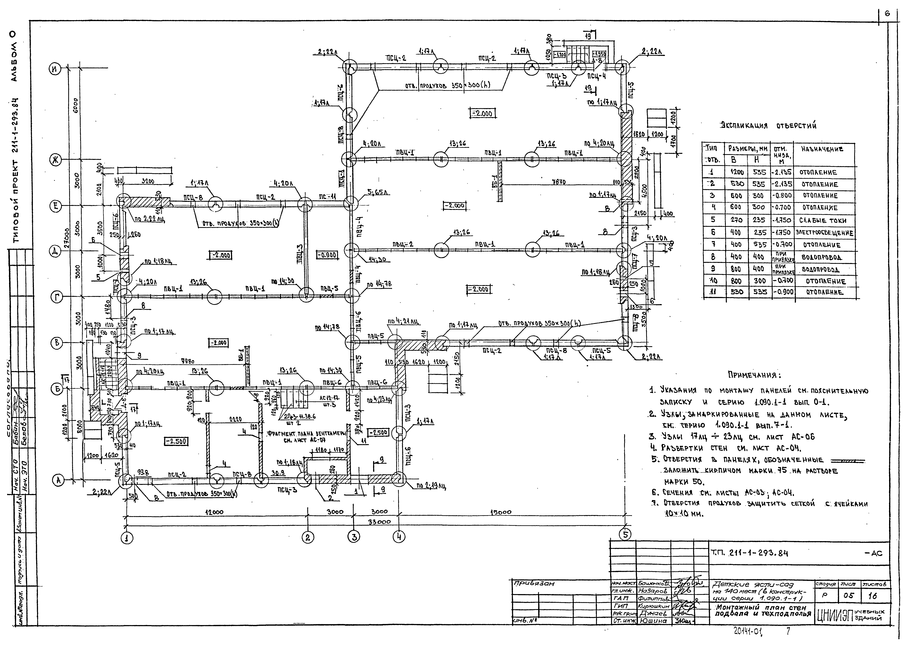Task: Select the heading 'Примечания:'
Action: [x=755, y=375]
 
